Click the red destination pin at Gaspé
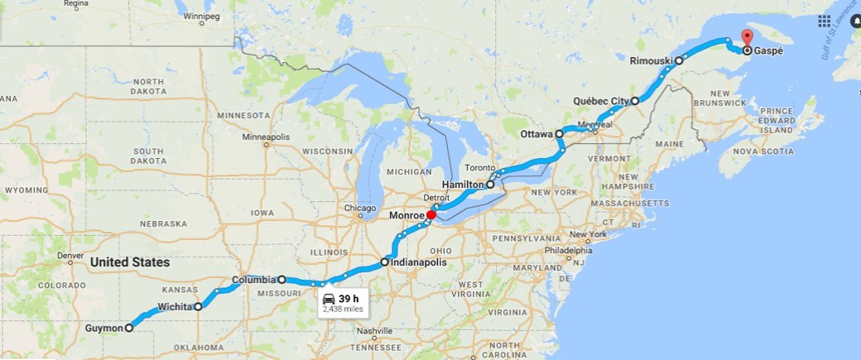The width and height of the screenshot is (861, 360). pos(746,37)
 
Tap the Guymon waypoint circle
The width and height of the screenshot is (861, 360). pos(129,328)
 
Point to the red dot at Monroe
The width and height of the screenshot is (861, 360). pos(431,215)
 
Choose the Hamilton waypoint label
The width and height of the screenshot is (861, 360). pos(462,185)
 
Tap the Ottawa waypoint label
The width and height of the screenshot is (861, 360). pos(536,134)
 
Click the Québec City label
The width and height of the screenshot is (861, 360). pos(601,102)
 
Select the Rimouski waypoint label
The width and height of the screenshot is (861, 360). pos(651,60)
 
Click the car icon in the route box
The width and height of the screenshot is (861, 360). pos(329,299)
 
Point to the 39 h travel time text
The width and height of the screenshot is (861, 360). pos(349,299)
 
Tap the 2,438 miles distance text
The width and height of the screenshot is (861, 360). pos(343,310)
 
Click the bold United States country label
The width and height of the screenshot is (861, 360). pos(130,262)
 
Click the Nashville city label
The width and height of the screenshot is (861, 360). pos(375,330)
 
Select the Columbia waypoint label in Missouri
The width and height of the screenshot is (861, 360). pos(253,280)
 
